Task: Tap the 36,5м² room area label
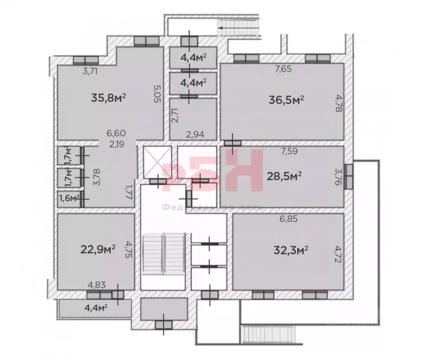click(287, 100)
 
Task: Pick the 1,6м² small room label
click(68, 198)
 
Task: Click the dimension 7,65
click(283, 69)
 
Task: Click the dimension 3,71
click(91, 71)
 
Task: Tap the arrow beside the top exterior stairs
click(224, 27)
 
